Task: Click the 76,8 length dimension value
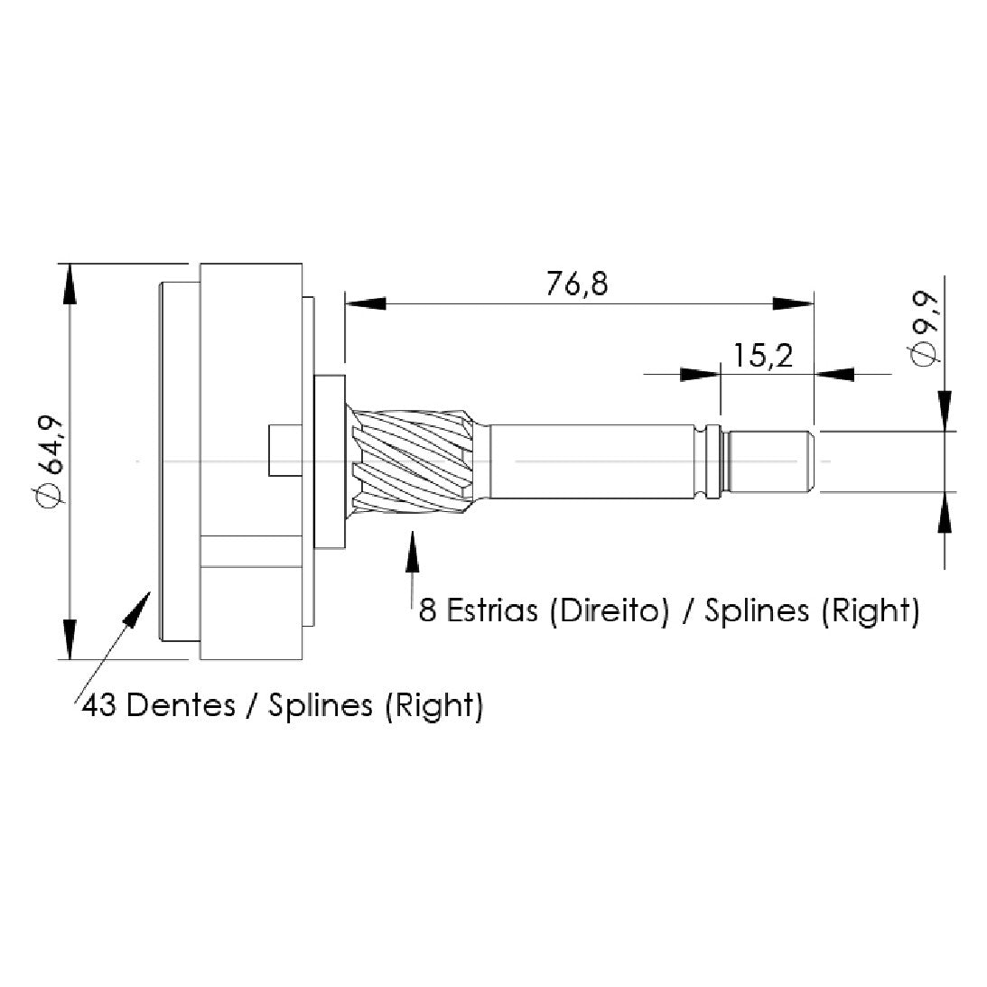click(577, 284)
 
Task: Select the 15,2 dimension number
click(763, 356)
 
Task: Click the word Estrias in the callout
click(491, 610)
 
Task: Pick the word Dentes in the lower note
click(181, 704)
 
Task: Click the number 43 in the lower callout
click(99, 705)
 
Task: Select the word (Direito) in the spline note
click(609, 610)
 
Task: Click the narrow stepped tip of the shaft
click(768, 461)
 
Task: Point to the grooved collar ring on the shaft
click(712, 461)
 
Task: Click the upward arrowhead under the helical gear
click(413, 552)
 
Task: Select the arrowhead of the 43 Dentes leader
click(138, 607)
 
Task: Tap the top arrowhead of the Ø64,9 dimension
click(70, 284)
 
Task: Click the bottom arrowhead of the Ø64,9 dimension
click(70, 639)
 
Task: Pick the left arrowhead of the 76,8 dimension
click(365, 303)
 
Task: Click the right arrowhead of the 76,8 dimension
click(793, 303)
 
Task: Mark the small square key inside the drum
click(285, 451)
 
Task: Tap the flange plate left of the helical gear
click(330, 461)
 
